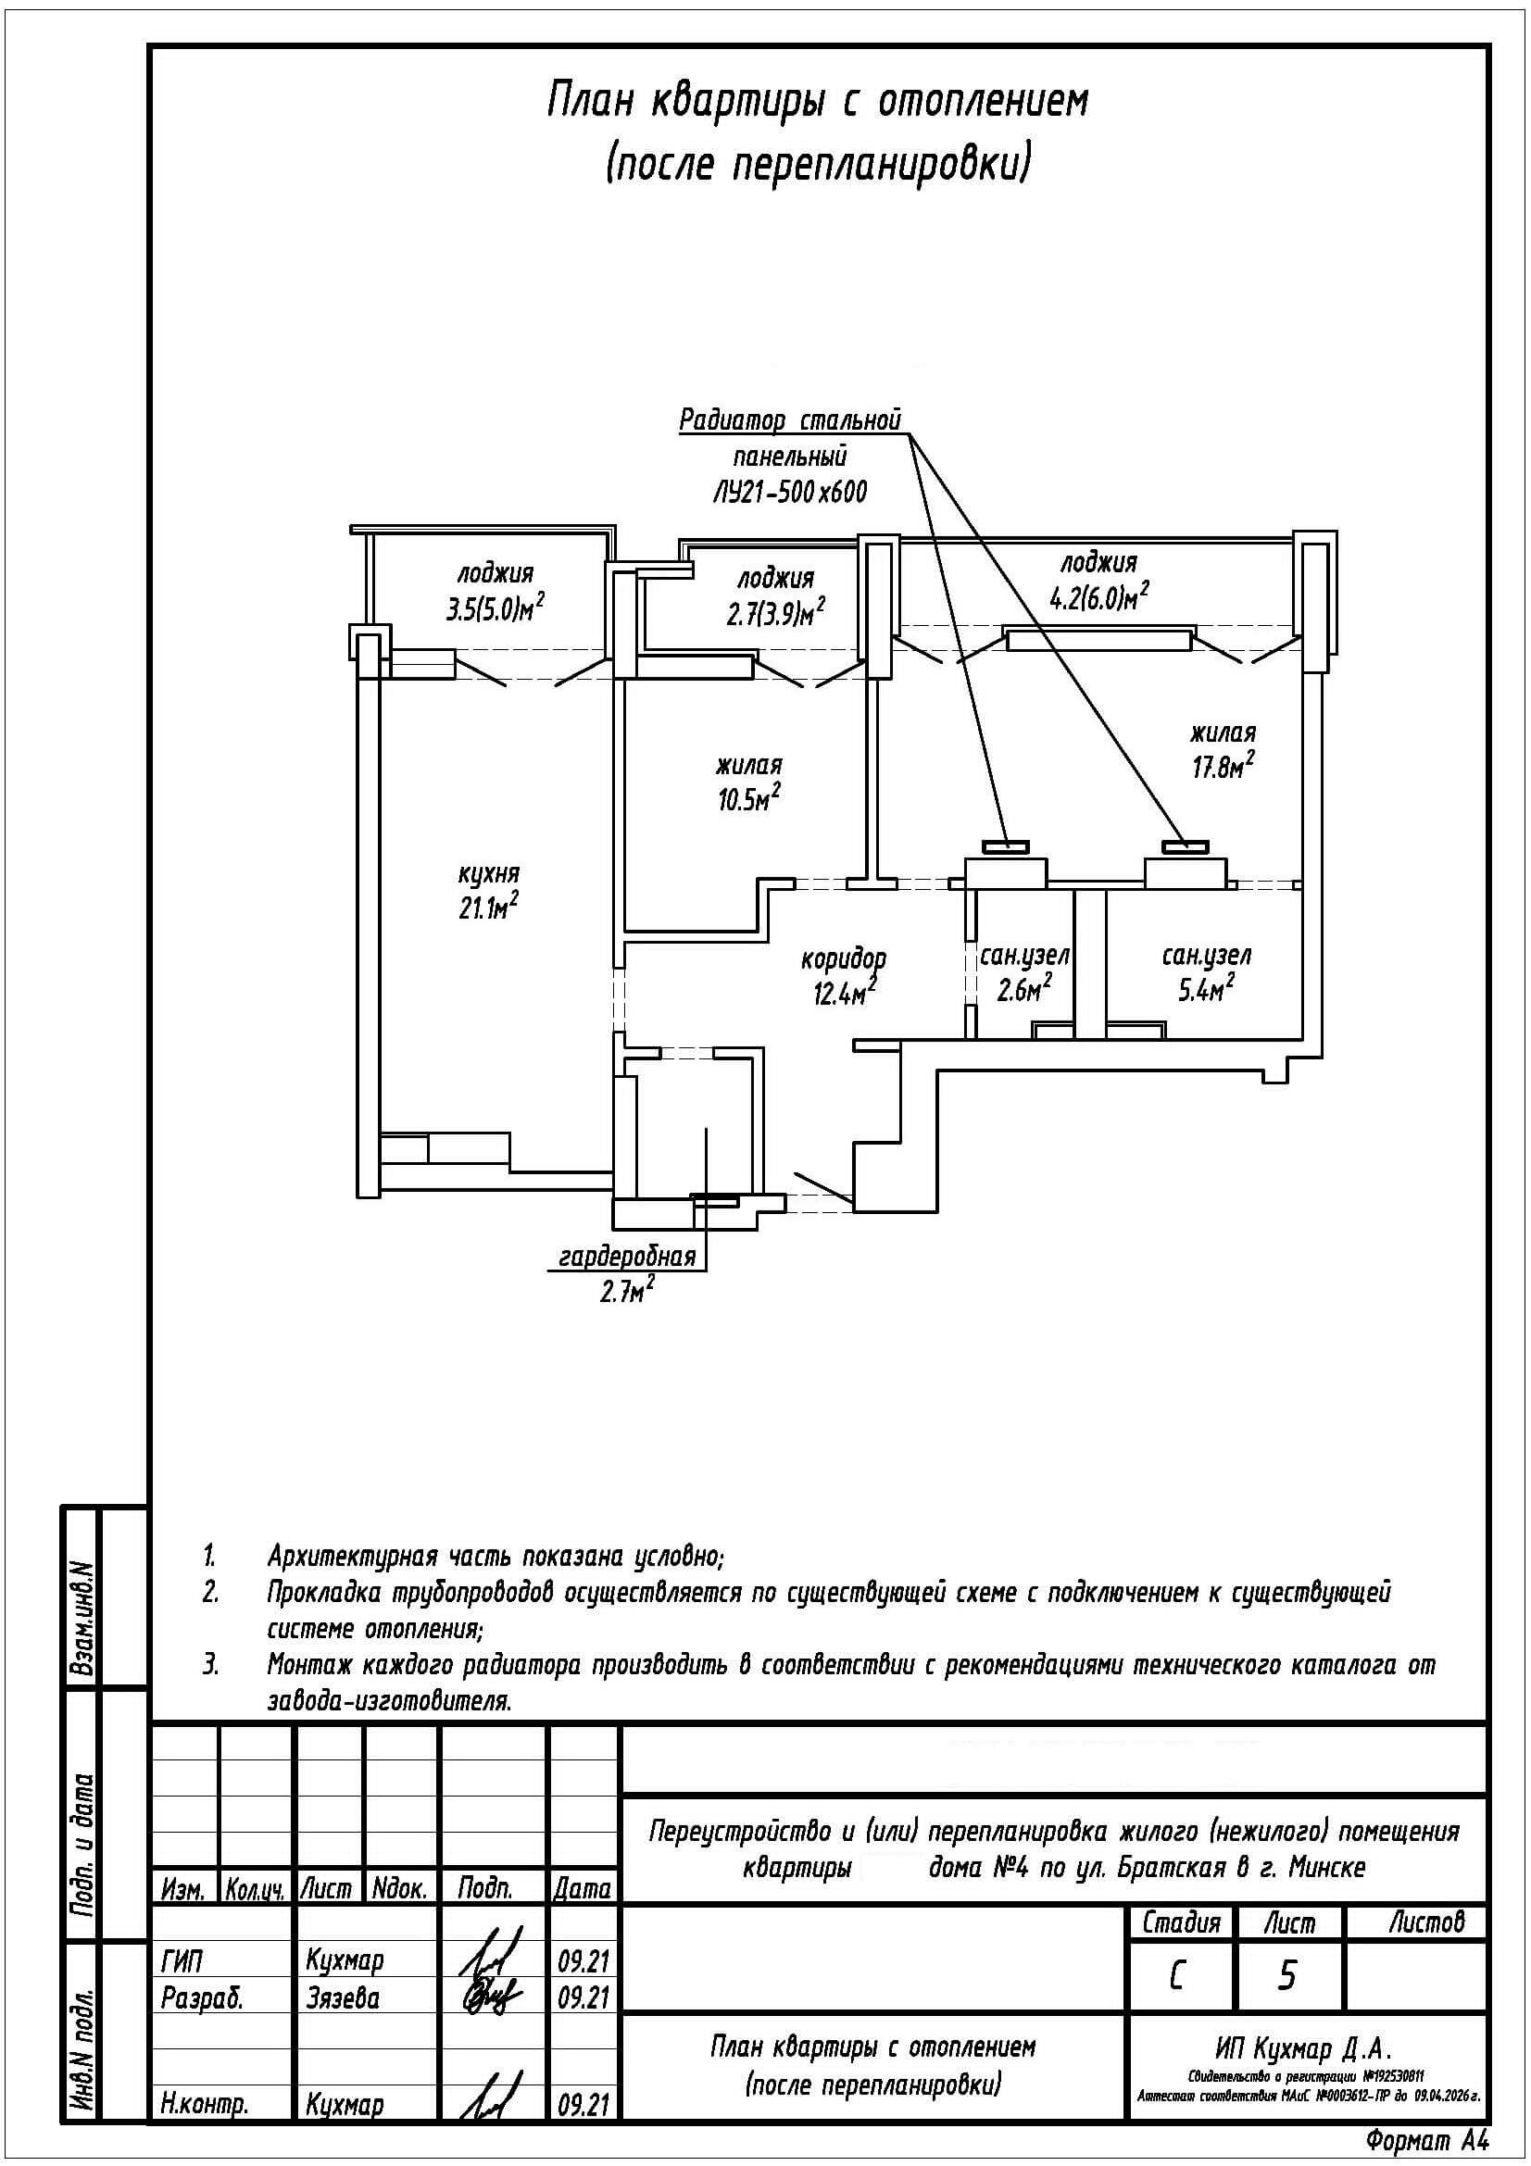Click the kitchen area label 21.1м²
487,907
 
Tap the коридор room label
844,959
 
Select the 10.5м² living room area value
748,798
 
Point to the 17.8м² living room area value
1223,765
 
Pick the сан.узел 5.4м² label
1206,972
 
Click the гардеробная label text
627,1256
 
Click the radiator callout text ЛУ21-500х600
789,492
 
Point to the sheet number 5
1286,1974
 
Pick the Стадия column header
1181,1922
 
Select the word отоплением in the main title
984,102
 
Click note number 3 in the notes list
211,1664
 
